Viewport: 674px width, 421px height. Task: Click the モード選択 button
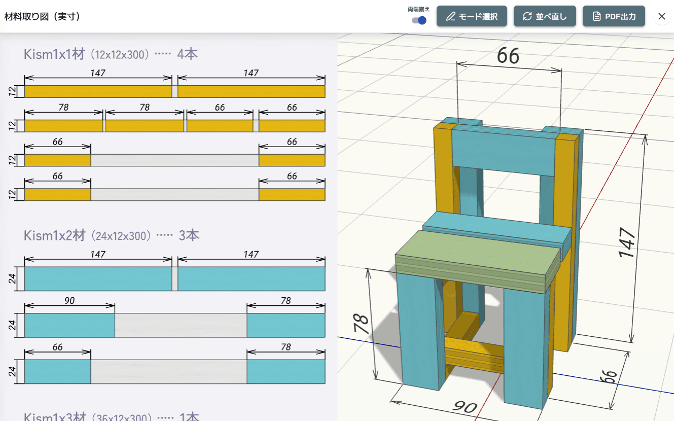pyautogui.click(x=472, y=16)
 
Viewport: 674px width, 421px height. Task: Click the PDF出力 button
pyautogui.click(x=614, y=16)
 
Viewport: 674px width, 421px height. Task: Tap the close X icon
pyautogui.click(x=661, y=16)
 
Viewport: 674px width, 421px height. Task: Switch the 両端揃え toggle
pyautogui.click(x=419, y=20)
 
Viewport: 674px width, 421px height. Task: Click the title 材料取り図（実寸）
pyautogui.click(x=43, y=16)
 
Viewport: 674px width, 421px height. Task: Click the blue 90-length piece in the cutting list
pyautogui.click(x=69, y=325)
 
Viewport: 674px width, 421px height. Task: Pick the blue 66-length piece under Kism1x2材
pyautogui.click(x=57, y=371)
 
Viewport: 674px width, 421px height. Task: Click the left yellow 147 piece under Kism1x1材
pyautogui.click(x=98, y=91)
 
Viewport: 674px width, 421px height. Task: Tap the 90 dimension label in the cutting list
pyautogui.click(x=69, y=301)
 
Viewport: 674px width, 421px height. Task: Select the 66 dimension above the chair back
pyautogui.click(x=508, y=56)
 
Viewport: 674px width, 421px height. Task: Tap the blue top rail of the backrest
pyautogui.click(x=502, y=151)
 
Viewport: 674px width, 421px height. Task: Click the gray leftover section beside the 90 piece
pyautogui.click(x=181, y=325)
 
